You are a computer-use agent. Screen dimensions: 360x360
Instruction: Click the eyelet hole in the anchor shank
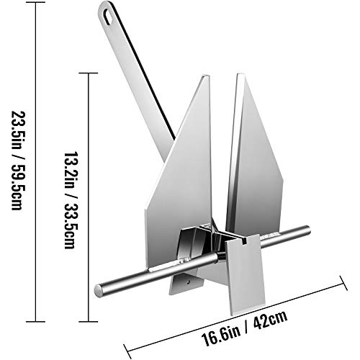pos(108,14)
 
